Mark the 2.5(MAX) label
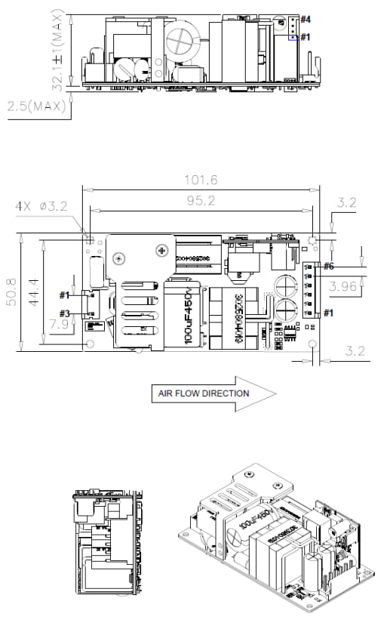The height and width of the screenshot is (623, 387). click(x=37, y=108)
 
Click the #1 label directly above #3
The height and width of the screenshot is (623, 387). click(x=65, y=295)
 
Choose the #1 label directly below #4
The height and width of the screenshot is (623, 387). click(x=305, y=36)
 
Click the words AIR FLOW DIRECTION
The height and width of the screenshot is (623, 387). click(x=203, y=393)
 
